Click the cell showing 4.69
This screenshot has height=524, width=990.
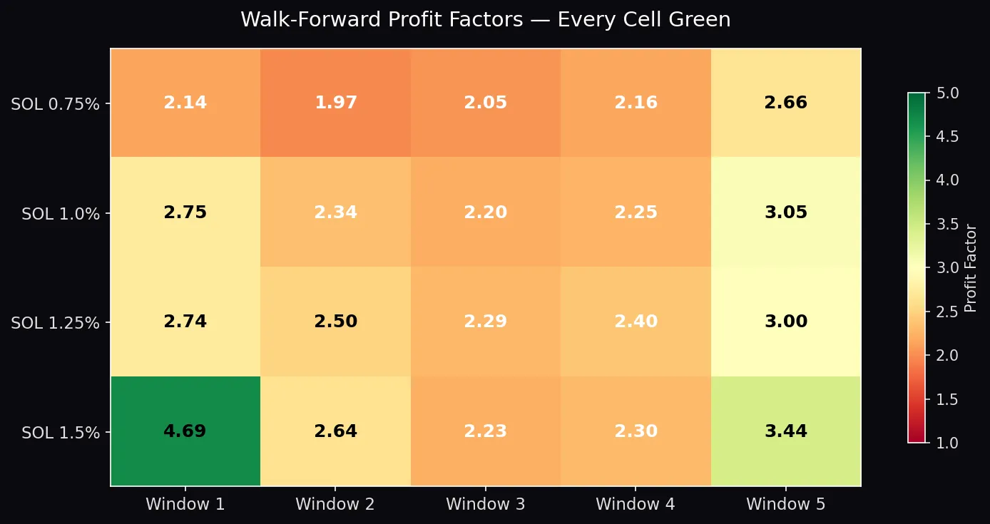[x=185, y=431]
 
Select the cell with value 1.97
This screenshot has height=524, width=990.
[x=335, y=103]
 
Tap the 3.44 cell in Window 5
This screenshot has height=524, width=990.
[x=785, y=431]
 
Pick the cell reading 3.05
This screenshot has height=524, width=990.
[x=785, y=212]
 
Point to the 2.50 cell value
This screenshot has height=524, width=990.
[x=335, y=322]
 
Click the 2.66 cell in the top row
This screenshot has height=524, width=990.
[x=785, y=103]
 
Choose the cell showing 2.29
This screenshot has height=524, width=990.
[x=485, y=322]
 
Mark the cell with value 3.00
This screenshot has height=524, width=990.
[x=785, y=322]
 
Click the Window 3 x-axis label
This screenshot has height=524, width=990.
[x=485, y=505]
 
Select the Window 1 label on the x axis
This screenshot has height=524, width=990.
[x=185, y=505]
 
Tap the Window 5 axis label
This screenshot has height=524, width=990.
[x=785, y=505]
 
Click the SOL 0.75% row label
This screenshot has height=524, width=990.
[x=55, y=104]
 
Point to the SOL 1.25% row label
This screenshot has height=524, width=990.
[x=55, y=323]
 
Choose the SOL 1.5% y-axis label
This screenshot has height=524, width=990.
[x=61, y=433]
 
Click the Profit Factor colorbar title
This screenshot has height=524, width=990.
[x=970, y=267]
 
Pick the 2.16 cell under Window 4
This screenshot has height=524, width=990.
[x=636, y=103]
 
